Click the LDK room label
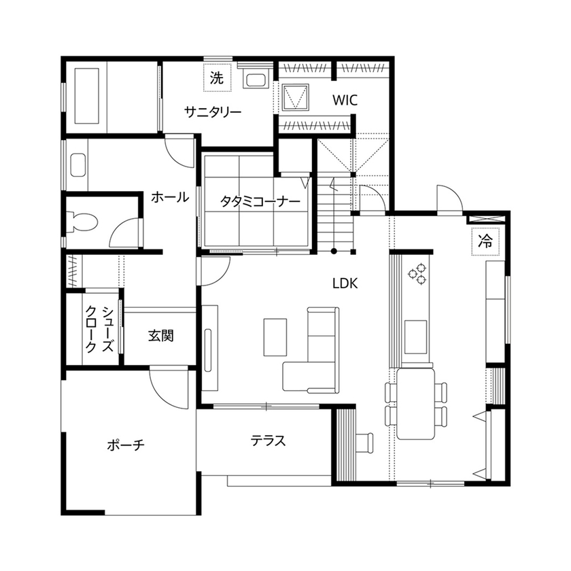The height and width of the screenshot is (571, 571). click(345, 282)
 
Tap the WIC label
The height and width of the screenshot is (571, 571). click(345, 101)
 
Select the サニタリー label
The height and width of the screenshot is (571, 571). click(213, 112)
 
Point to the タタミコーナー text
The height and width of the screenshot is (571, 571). click(260, 202)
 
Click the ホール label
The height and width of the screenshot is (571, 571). click(170, 197)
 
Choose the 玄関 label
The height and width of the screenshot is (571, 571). click(161, 335)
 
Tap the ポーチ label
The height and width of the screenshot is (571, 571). click(126, 445)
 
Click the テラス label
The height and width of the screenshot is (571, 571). click(268, 440)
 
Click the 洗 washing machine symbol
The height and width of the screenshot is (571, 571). click(216, 77)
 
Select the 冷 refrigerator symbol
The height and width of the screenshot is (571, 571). click(485, 239)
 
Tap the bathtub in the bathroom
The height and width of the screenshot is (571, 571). click(86, 94)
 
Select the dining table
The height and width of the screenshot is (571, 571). click(415, 404)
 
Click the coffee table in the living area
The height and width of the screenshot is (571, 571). click(276, 336)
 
